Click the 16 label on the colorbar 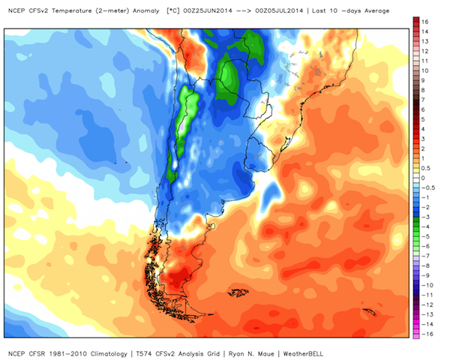tap(425, 22)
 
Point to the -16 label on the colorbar tap(427, 334)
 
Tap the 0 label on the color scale tap(423, 178)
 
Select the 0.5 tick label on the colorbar tap(426, 168)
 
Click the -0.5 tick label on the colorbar tap(428, 187)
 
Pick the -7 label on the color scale tap(425, 256)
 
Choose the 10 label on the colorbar tap(425, 70)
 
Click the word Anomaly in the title tap(145, 11)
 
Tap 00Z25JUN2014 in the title tap(208, 11)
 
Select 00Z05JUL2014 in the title tap(279, 11)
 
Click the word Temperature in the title tap(72, 11)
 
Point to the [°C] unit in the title tap(172, 11)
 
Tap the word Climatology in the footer tap(109, 354)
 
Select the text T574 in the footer tap(144, 354)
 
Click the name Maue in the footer tap(266, 354)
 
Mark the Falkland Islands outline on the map tap(238, 292)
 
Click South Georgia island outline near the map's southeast tap(369, 311)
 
